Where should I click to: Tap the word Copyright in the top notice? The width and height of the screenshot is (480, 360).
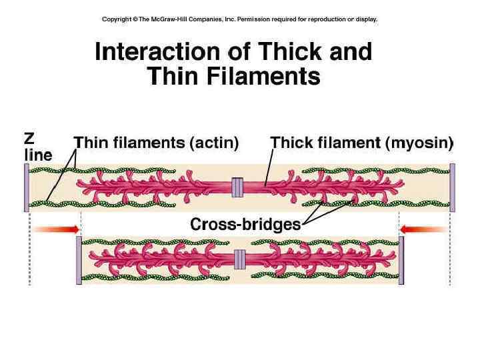[116, 19]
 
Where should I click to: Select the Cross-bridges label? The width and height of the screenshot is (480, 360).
[245, 224]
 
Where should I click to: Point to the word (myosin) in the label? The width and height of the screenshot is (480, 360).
[423, 142]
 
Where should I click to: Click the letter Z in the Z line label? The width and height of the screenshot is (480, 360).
[29, 139]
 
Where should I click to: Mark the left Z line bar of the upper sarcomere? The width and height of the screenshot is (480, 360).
[27, 187]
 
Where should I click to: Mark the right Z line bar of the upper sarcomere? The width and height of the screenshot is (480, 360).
[452, 187]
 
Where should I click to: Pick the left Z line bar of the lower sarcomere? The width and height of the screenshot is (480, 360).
[79, 260]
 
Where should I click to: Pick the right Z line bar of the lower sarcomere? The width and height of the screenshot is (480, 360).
[401, 260]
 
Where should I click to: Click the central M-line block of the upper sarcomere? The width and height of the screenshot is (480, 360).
[236, 187]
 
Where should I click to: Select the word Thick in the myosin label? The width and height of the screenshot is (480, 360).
[289, 142]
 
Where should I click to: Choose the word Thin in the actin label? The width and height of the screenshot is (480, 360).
[89, 142]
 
